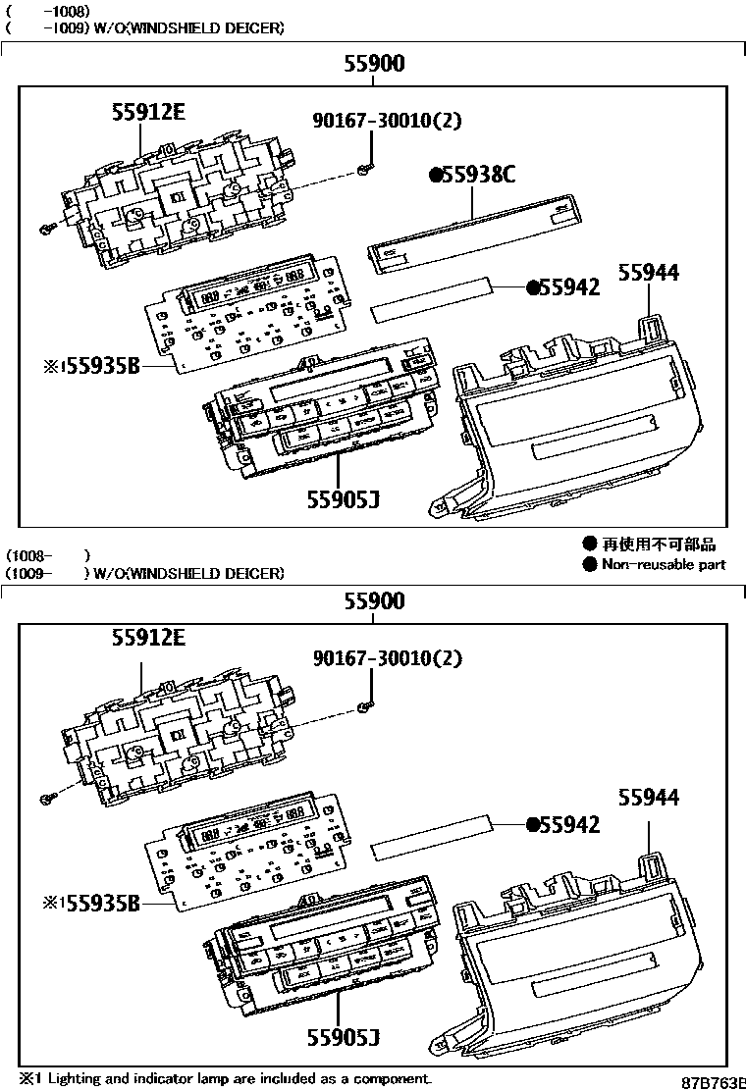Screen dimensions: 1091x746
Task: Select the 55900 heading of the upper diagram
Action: tap(373, 65)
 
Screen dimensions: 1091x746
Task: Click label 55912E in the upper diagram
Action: tap(147, 113)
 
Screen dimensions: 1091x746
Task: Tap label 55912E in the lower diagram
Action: tap(147, 638)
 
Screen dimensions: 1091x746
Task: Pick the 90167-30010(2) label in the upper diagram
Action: tap(387, 121)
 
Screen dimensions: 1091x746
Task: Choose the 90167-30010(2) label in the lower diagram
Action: tap(387, 658)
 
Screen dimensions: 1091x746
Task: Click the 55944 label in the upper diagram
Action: tap(648, 274)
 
